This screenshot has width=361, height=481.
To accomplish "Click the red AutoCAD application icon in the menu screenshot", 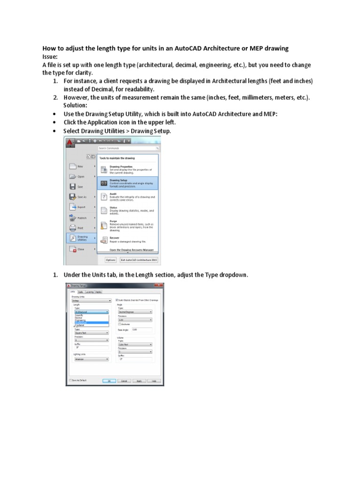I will click(x=70, y=141).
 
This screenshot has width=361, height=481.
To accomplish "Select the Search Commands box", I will click(x=127, y=148).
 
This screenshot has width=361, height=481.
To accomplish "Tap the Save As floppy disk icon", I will click(x=72, y=197).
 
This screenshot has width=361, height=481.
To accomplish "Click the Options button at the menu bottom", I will click(x=110, y=260).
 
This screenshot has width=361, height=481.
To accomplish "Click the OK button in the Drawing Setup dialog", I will click(x=109, y=381).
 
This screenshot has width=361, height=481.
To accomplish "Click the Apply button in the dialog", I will click(x=139, y=381).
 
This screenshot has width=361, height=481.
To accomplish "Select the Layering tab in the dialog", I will click(x=89, y=292).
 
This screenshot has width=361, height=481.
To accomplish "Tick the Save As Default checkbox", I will click(x=70, y=380).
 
